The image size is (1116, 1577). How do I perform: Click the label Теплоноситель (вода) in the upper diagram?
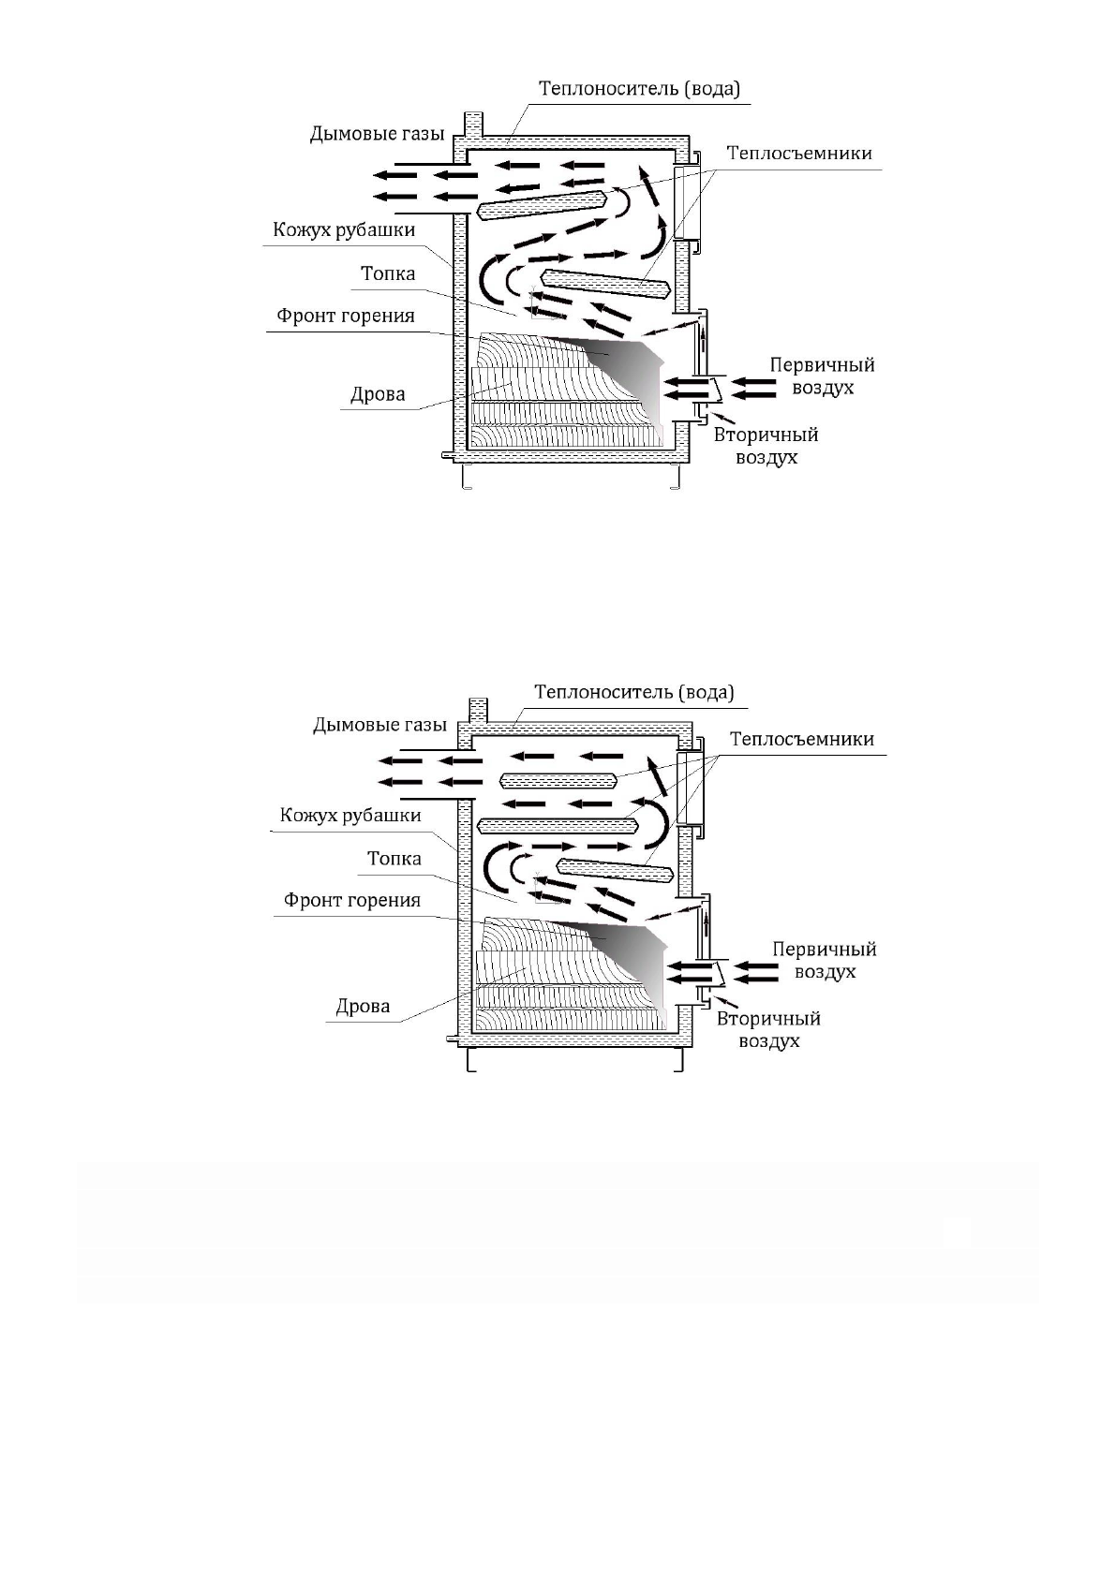pos(639,89)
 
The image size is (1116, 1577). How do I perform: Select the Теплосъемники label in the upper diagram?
pos(799,154)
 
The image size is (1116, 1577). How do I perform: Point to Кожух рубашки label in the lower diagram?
pos(351,816)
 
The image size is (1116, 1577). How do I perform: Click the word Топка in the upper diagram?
pos(388,274)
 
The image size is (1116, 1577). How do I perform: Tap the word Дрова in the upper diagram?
pos(378,394)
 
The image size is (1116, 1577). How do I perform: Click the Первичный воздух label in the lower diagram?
pos(825,960)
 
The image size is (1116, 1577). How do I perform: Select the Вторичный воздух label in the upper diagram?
pos(766,446)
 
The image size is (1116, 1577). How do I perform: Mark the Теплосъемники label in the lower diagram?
pos(802,740)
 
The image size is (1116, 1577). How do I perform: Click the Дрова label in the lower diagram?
pos(363,1008)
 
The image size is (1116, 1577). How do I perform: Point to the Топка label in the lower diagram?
pos(394,859)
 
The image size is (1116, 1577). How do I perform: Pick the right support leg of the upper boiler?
pos(676,478)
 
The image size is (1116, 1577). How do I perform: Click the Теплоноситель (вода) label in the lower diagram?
pos(634,693)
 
